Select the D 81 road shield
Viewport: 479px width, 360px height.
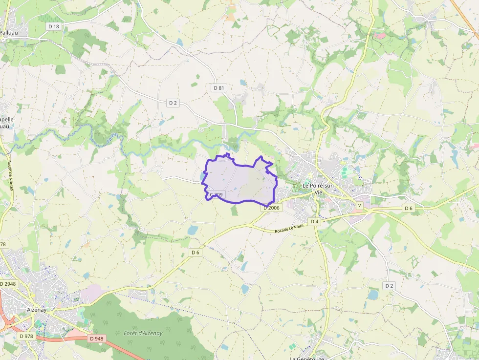tap(219, 88)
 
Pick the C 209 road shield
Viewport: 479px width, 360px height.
tap(216, 195)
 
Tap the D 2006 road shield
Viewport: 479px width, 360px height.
tap(272, 208)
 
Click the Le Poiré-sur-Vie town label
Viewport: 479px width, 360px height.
tap(317, 189)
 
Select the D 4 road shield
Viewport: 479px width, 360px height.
tap(314, 221)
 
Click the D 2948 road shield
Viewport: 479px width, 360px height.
tap(8, 284)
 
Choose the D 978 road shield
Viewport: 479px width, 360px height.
tap(26, 336)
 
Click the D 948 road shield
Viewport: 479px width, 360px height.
tap(97, 339)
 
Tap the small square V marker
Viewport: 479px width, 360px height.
tap(360, 206)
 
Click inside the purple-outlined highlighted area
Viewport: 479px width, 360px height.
tap(239, 181)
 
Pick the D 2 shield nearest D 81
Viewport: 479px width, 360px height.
tap(173, 103)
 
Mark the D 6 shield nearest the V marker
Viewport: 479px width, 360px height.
tap(409, 208)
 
